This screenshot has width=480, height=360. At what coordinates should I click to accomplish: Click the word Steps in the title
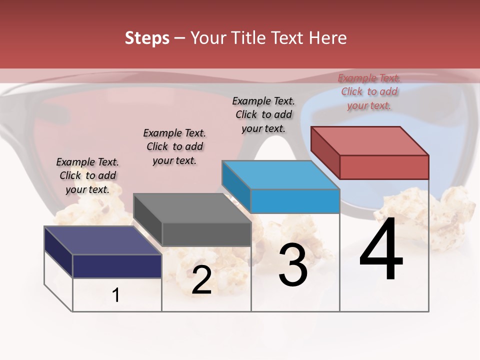pos(147,38)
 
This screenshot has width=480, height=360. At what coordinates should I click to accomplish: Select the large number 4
pos(381,250)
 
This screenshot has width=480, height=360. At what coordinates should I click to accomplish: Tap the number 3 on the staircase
pos(293,265)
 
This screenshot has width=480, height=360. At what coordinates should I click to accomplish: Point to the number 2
pos(201,280)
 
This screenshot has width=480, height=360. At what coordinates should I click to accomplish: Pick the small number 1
pos(116,295)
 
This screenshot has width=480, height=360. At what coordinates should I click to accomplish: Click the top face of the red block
pos(369,140)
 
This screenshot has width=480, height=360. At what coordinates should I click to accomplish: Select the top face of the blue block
pos(280,174)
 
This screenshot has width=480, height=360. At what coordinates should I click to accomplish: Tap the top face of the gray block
pos(192,207)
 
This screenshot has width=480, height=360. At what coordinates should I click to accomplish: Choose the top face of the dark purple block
pos(102,240)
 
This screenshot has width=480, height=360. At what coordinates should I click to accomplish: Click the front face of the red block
pos(384,167)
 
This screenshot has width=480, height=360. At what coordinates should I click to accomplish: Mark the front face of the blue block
pos(295,201)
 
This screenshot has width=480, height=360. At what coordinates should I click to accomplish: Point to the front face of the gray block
pos(206,234)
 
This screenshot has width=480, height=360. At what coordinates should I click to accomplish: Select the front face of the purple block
pos(117,266)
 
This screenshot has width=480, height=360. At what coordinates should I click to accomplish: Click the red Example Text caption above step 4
pos(369,91)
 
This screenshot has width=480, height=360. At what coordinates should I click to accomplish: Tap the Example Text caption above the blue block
pos(263,114)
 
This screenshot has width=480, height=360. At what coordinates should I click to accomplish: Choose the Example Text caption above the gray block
pos(174,146)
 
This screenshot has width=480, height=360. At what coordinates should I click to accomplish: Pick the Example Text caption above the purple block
pos(87,175)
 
